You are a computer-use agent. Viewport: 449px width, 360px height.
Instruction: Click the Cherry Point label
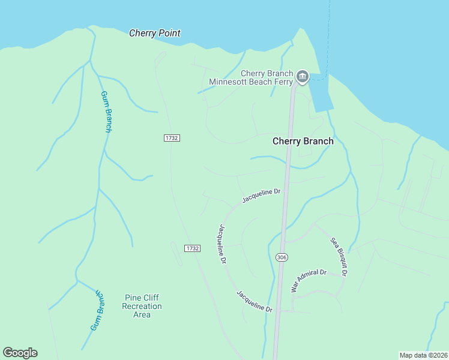tap(155, 34)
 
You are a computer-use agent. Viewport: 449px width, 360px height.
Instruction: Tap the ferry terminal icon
tap(302, 76)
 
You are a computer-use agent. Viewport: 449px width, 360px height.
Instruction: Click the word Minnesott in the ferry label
tap(230, 82)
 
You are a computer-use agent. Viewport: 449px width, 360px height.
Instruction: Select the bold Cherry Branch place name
tap(303, 141)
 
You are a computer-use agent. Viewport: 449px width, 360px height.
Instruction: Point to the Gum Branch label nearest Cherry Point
tap(106, 112)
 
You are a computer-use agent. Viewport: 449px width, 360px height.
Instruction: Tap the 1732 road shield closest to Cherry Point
tap(172, 138)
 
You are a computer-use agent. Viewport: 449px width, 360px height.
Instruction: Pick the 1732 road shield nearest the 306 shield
tap(192, 248)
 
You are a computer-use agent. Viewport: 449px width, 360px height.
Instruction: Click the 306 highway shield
tap(282, 257)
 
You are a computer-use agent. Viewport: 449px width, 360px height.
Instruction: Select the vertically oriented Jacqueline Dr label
tap(222, 244)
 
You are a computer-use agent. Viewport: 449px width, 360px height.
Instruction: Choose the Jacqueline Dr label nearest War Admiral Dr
tap(255, 301)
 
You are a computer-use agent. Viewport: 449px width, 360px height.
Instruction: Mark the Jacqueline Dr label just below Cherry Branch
tap(262, 196)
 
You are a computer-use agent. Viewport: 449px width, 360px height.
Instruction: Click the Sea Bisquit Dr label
tap(339, 257)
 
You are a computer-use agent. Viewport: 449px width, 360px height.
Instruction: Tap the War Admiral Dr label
tap(309, 280)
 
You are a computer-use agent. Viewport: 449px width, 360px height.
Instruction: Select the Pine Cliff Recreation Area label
tap(142, 306)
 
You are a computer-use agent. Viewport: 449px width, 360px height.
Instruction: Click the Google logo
tap(20, 353)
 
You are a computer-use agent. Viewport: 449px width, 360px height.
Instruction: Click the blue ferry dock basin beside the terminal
tap(321, 96)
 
